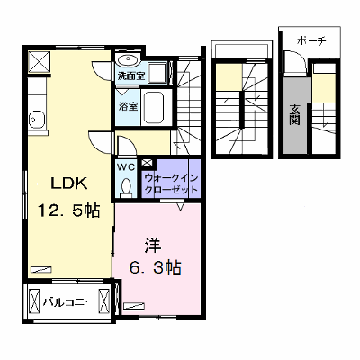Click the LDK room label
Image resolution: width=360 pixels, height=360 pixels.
(x=69, y=184)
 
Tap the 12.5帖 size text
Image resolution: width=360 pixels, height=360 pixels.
(x=68, y=210)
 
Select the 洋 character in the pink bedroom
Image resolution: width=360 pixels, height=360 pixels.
(x=153, y=245)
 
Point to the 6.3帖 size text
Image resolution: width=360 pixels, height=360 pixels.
(x=155, y=267)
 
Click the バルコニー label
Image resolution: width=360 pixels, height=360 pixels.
(x=69, y=301)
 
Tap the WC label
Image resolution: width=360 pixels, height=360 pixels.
(x=126, y=166)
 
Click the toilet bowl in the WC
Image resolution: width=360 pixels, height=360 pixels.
(x=126, y=186)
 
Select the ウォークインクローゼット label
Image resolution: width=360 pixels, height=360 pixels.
(x=171, y=184)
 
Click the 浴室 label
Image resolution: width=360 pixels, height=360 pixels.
(x=129, y=106)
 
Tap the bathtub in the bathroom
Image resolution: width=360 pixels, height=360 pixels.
(x=154, y=107)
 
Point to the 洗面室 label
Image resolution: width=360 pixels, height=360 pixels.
(x=131, y=76)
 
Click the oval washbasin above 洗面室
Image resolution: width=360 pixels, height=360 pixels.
(x=128, y=60)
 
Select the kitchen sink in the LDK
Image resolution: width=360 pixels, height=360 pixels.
(x=37, y=120)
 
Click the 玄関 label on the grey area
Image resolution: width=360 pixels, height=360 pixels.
(x=295, y=114)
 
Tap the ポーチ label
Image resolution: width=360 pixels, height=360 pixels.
(x=311, y=40)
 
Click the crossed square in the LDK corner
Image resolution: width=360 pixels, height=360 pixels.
(x=40, y=62)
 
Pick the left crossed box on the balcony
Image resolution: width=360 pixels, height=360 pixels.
(x=34, y=301)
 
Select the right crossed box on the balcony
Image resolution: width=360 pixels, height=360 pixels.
(x=104, y=301)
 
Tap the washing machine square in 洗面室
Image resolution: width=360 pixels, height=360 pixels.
(x=157, y=73)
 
